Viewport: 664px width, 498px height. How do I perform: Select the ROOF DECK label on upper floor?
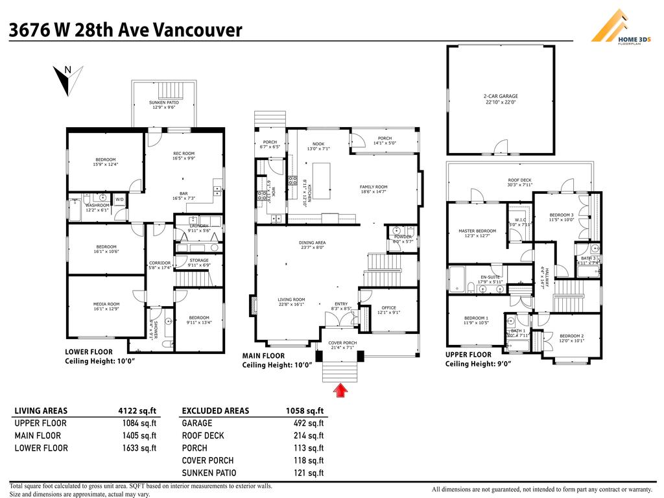click(519, 182)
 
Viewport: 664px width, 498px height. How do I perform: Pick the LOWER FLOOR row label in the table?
click(41, 448)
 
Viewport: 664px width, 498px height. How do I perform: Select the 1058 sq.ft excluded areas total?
click(304, 410)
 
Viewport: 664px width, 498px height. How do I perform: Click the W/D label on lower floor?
click(119, 199)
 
